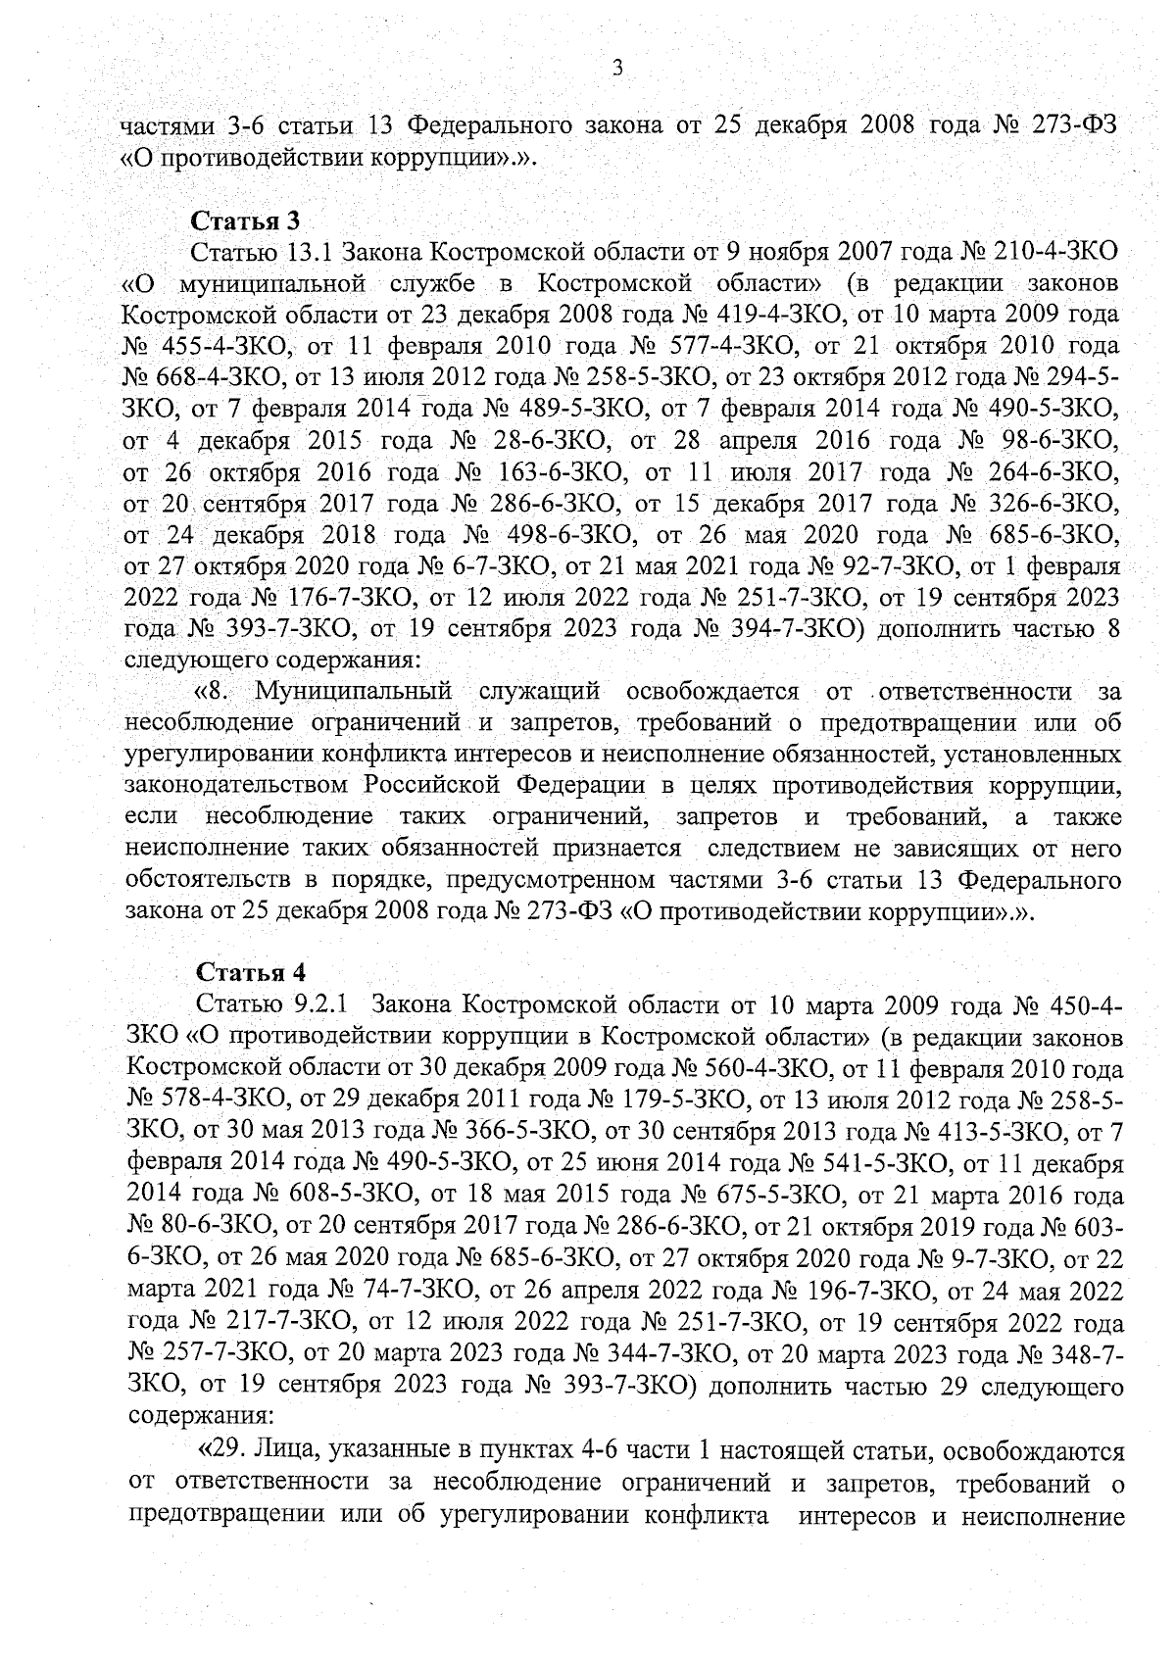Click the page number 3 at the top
pos(616,69)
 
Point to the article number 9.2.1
pos(316,1005)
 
